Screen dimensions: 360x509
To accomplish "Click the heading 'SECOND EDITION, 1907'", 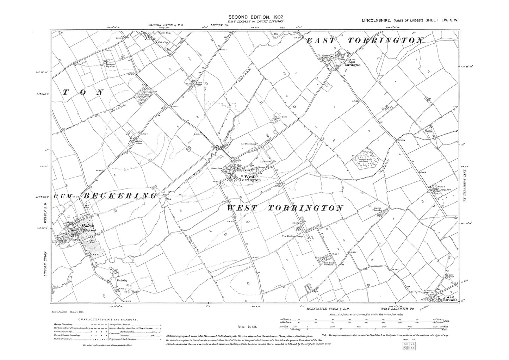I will (254, 17).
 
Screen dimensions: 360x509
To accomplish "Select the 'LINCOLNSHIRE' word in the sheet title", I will (377, 21).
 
